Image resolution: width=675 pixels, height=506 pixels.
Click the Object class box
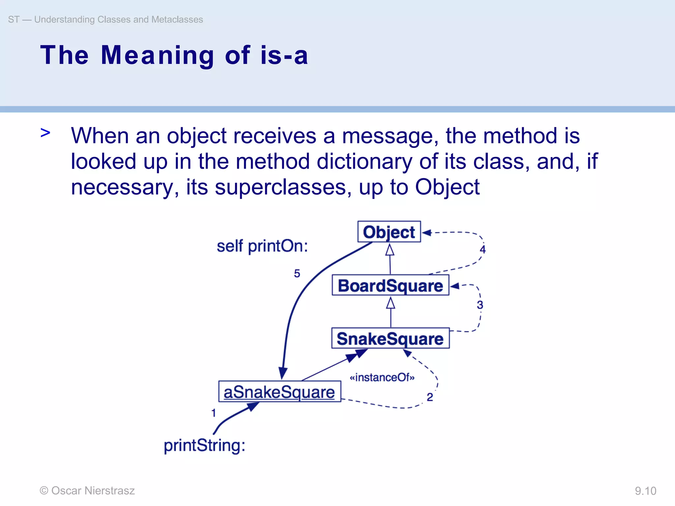(389, 232)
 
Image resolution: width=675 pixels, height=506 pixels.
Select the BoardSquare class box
(390, 285)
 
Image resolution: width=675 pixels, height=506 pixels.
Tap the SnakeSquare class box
(390, 338)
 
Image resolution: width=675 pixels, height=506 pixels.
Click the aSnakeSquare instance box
(279, 392)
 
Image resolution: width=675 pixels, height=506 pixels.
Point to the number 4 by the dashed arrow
(483, 249)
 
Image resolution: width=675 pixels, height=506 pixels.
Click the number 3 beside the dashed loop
(480, 305)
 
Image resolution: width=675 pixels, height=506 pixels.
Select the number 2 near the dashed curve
(430, 397)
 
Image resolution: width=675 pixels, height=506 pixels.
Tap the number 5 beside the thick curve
(297, 273)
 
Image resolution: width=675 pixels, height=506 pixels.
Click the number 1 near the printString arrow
(214, 413)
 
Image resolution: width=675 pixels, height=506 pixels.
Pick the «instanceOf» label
(382, 377)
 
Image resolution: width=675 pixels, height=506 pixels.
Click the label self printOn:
(262, 246)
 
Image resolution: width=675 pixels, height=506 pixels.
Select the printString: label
(204, 446)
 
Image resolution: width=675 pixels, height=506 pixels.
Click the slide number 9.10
(645, 491)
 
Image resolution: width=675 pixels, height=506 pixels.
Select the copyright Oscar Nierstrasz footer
(87, 491)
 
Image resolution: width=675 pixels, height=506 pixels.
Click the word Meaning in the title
(158, 55)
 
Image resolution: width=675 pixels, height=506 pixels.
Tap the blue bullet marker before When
(45, 133)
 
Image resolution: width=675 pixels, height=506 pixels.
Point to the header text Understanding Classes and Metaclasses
(118, 19)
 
